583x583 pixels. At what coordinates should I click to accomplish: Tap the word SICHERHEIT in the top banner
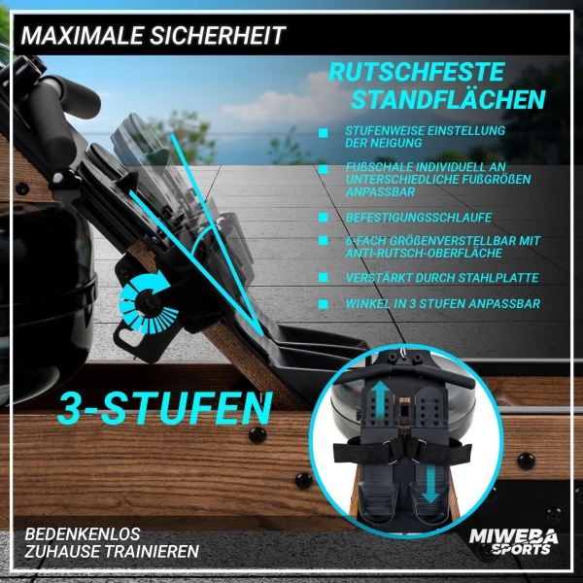tap(218, 36)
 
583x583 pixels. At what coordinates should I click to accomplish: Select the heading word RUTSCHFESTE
tap(417, 72)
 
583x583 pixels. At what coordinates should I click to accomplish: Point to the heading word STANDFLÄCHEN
tap(448, 99)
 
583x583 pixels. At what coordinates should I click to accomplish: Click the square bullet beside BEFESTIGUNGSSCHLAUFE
tap(324, 218)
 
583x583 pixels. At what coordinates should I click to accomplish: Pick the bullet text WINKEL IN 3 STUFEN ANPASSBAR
tap(442, 304)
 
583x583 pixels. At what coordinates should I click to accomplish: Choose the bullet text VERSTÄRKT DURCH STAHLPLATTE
tap(442, 278)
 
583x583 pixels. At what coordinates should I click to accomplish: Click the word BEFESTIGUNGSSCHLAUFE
tap(419, 218)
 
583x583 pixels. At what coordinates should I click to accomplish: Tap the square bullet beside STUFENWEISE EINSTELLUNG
tap(324, 133)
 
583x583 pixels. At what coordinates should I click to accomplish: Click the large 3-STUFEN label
tap(165, 408)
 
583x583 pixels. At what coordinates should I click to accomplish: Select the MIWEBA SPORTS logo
tap(513, 542)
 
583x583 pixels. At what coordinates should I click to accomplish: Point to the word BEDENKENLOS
tap(83, 534)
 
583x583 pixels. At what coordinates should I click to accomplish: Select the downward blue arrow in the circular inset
tap(430, 484)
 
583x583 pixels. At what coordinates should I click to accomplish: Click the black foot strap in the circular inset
tap(402, 450)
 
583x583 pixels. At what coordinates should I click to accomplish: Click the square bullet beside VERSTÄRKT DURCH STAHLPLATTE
tap(324, 278)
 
